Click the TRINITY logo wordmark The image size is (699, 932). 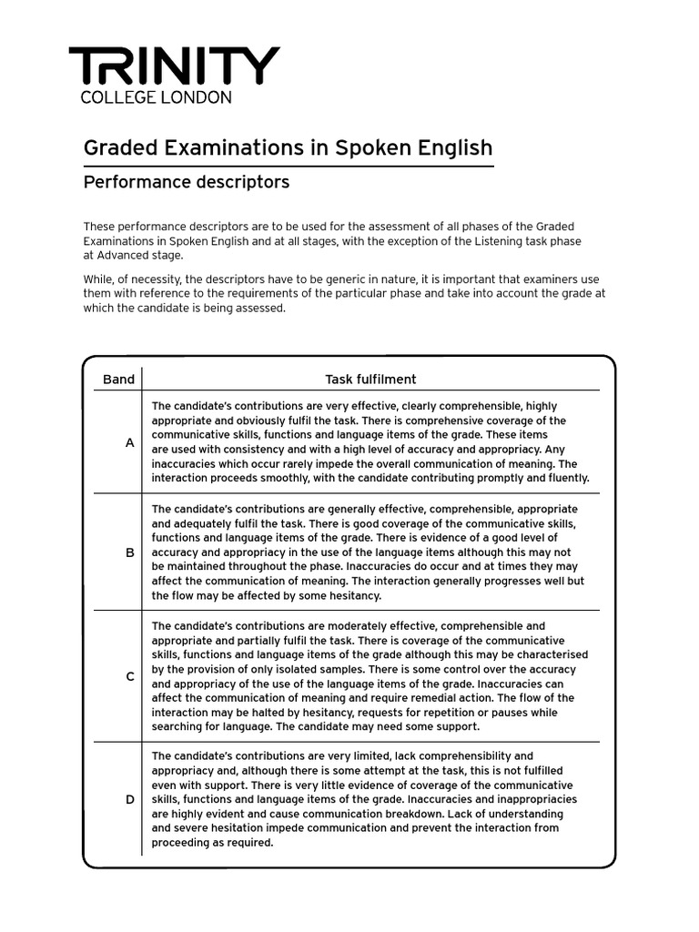pyautogui.click(x=174, y=66)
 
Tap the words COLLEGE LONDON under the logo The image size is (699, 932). pyautogui.click(x=156, y=97)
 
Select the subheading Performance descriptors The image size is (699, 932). pyautogui.click(x=187, y=182)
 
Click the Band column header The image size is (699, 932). pyautogui.click(x=118, y=380)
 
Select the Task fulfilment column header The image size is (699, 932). pyautogui.click(x=371, y=380)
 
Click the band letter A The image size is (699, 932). pyautogui.click(x=130, y=442)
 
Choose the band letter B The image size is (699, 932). pyautogui.click(x=130, y=552)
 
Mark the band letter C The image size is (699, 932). pyautogui.click(x=130, y=676)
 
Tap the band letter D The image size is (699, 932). pyautogui.click(x=130, y=799)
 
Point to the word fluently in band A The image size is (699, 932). pyautogui.click(x=564, y=478)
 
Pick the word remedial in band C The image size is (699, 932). pyautogui.click(x=405, y=698)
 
